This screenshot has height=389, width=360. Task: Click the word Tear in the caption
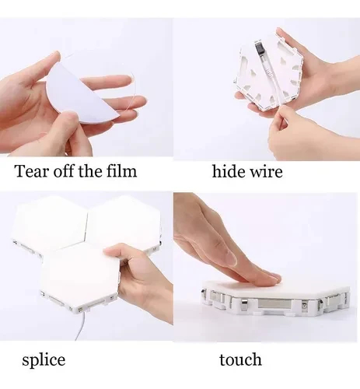click(x=31, y=171)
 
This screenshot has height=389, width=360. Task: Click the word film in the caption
click(x=121, y=171)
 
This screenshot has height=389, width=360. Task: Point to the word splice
click(x=44, y=360)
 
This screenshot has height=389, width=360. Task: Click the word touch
click(x=240, y=360)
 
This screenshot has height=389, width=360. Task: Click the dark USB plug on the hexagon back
click(x=259, y=48)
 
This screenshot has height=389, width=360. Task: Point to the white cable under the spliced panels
click(x=81, y=328)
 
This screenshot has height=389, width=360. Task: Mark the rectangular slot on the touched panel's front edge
click(x=274, y=304)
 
